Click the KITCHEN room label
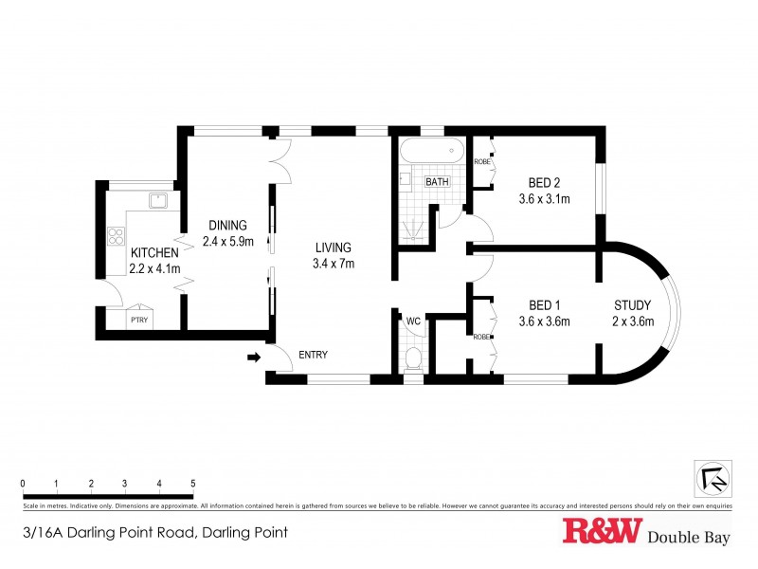(154, 253)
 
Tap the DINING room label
(228, 226)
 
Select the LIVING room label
(334, 248)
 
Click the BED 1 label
(545, 304)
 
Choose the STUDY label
(633, 304)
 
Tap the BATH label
(437, 181)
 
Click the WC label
(413, 321)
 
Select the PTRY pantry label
(139, 320)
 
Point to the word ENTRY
(313, 355)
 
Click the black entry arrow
(253, 358)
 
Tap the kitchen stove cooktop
(116, 236)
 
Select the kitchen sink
(158, 200)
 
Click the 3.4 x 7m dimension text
(334, 264)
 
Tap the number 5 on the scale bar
(193, 483)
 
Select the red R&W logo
(603, 531)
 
